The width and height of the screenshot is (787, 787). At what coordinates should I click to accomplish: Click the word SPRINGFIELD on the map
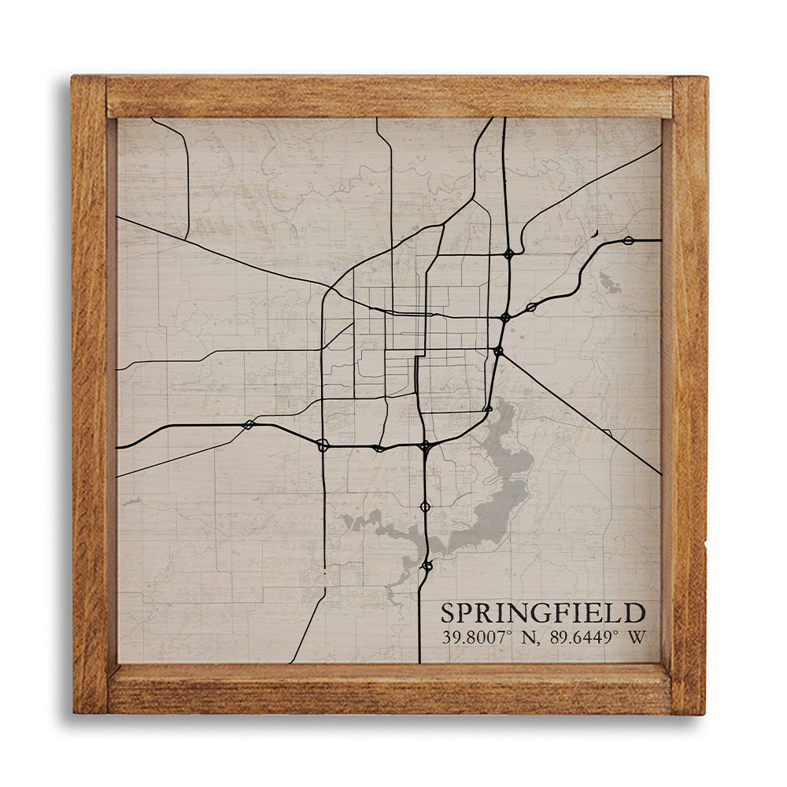coord(543,613)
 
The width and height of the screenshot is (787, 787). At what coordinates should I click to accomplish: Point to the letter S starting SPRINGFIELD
coord(448,613)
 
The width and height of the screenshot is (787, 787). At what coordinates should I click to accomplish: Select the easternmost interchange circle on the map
coord(628,240)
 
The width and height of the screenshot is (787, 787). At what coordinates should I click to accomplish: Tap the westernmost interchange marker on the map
coord(249,425)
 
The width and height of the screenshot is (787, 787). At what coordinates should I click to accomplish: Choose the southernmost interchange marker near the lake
coord(427,565)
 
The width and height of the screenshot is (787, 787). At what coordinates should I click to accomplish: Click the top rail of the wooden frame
coord(390,97)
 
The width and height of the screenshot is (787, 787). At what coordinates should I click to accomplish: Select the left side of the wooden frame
coord(90,393)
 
